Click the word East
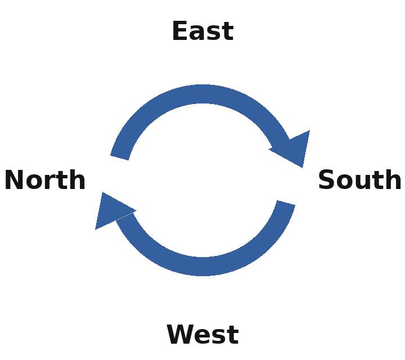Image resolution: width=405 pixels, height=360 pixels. point(202,31)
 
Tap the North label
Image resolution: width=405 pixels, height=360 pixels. point(45,180)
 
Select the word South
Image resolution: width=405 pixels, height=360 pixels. point(359,179)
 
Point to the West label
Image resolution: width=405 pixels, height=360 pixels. point(202,334)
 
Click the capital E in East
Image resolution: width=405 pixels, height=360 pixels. point(179,31)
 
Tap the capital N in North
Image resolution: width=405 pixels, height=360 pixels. point(13,180)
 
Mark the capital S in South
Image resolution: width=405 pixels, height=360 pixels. point(326,179)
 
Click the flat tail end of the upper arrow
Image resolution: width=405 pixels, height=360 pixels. point(119,158)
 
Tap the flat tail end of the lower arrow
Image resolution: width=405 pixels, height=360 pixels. point(286,202)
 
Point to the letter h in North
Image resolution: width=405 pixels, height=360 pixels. point(77,179)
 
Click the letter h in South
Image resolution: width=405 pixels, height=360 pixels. point(393,179)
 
